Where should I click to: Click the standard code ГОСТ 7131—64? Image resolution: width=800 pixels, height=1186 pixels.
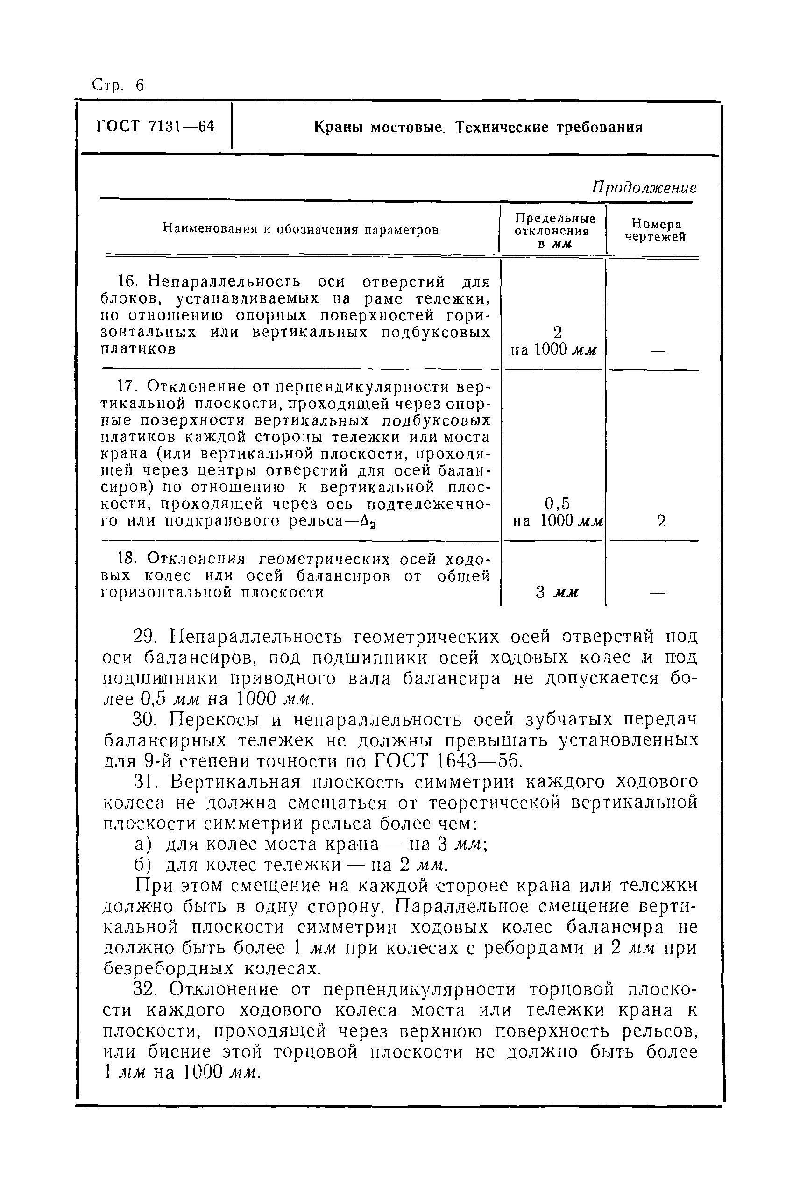click(x=155, y=126)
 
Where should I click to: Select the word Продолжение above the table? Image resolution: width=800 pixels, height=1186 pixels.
click(x=644, y=188)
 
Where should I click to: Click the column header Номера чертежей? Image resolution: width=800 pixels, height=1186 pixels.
click(x=656, y=230)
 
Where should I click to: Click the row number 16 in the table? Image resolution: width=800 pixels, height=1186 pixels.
click(x=126, y=282)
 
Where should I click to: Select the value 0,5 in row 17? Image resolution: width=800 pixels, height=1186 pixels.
click(x=557, y=504)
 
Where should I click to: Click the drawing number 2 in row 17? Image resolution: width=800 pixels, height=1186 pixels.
click(x=661, y=521)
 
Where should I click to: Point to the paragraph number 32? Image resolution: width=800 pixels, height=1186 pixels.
click(x=144, y=989)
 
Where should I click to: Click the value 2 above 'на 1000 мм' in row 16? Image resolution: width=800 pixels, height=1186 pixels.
click(x=557, y=333)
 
